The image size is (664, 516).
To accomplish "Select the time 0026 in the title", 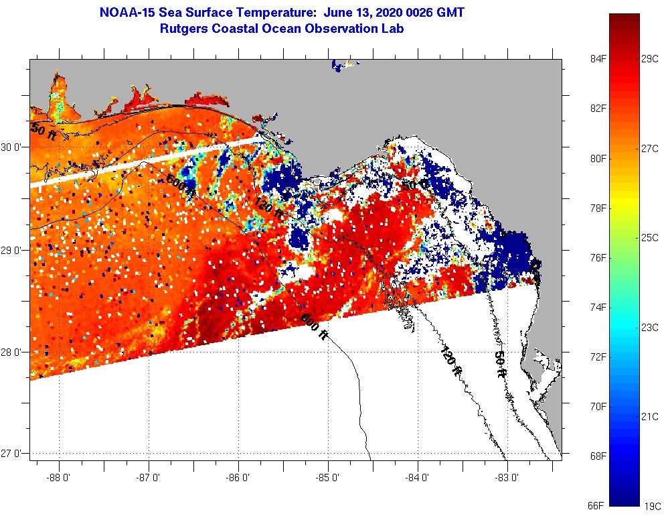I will point(414,12).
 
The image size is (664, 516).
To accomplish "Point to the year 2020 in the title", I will point(378,12).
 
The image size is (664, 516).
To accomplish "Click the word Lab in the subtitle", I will point(393,28).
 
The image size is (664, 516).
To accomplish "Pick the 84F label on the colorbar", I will point(598,58).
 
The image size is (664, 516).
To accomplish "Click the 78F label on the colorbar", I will point(598,208).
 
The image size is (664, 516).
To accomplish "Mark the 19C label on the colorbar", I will point(651,505).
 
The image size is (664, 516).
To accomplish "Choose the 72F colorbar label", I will point(598,357).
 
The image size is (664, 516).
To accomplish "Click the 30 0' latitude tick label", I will point(12,147).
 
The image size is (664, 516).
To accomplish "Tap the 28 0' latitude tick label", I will point(12,352).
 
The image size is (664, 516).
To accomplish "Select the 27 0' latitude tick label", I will point(12,454).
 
